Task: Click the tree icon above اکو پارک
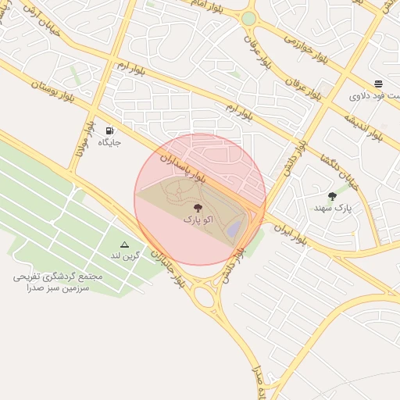click(x=197, y=209)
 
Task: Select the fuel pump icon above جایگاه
click(x=109, y=130)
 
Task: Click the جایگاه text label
click(x=109, y=144)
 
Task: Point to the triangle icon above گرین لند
click(x=124, y=245)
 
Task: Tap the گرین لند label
click(x=124, y=256)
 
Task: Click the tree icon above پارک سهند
click(x=332, y=196)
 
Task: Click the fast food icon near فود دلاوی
click(x=378, y=84)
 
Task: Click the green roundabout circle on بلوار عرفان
click(x=248, y=18)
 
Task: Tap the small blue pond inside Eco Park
click(x=234, y=228)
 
